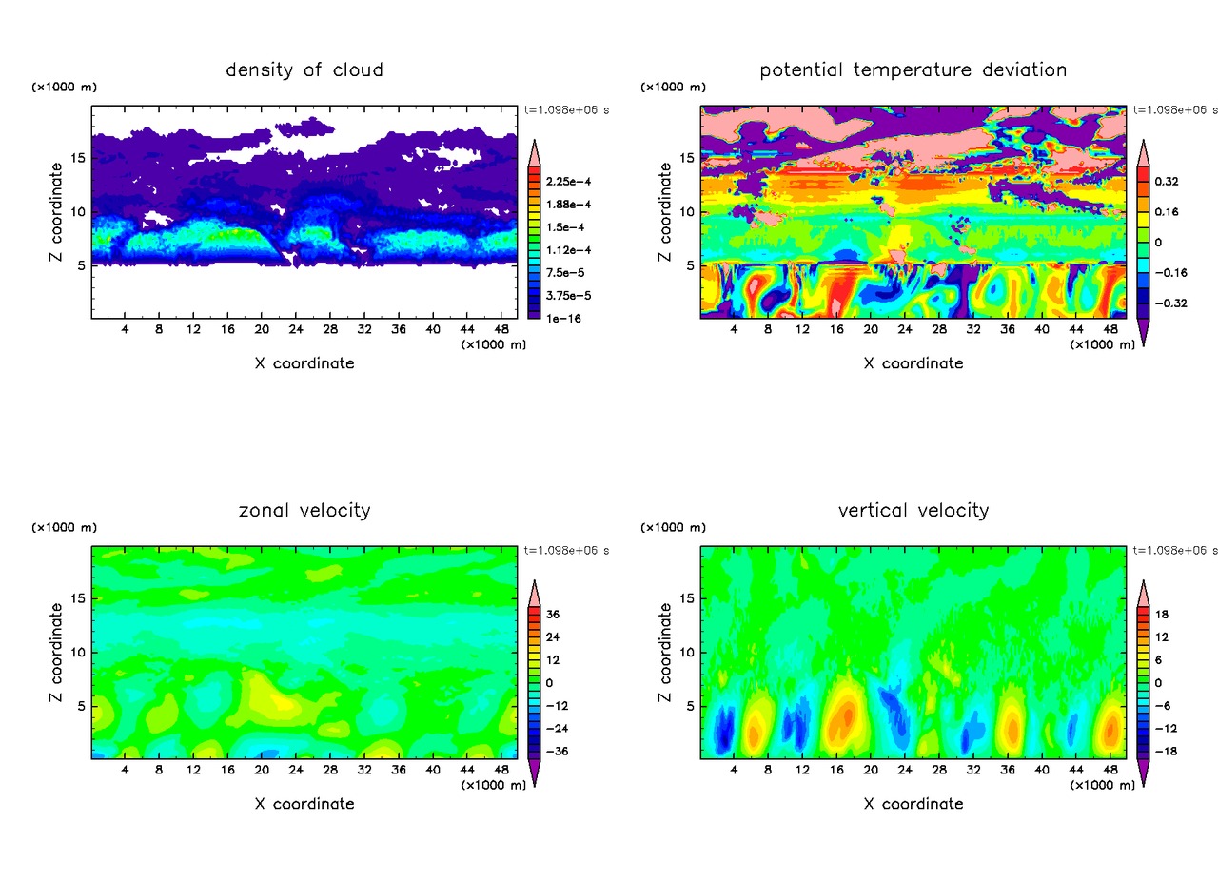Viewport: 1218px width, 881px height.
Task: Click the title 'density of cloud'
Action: [304, 69]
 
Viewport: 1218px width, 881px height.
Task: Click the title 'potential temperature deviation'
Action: [913, 69]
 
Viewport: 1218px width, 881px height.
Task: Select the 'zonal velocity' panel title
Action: [304, 510]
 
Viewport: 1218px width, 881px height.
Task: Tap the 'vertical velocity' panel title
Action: [913, 510]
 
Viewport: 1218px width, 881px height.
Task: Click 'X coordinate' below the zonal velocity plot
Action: [304, 804]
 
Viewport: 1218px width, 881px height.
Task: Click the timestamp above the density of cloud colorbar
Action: [567, 109]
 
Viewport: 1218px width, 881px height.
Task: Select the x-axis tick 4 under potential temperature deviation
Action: [734, 329]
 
